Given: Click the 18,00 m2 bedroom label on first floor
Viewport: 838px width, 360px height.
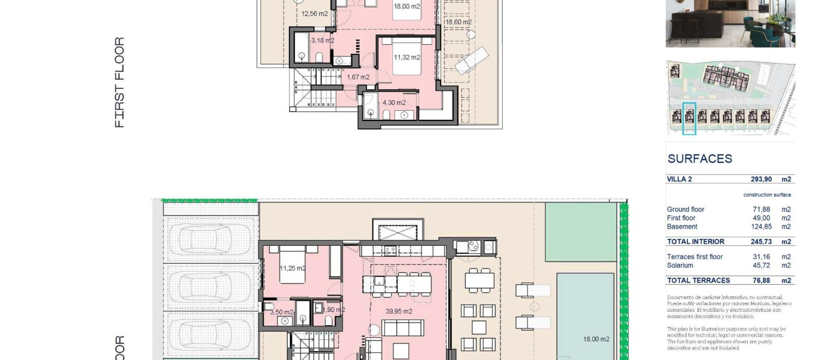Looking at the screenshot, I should [x=407, y=7].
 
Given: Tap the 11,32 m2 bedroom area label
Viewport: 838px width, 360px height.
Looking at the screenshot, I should [x=407, y=57].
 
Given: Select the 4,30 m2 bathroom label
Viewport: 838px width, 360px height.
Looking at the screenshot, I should [x=394, y=103].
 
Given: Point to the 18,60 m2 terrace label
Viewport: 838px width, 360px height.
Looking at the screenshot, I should [x=458, y=22].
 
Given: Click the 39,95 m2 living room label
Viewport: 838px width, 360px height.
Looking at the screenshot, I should [x=399, y=311].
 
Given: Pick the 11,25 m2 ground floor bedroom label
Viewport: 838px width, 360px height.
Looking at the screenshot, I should [x=293, y=268].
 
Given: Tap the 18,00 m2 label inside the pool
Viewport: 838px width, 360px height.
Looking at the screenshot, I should [x=596, y=339].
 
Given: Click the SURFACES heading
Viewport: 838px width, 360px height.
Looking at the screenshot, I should [x=700, y=159].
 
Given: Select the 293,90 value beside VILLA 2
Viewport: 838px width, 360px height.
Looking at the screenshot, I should [x=761, y=179].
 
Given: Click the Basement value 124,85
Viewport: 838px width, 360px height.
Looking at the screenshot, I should [x=761, y=227].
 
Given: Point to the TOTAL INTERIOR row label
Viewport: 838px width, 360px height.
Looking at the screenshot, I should [x=696, y=242].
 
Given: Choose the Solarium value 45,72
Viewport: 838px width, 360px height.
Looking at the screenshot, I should [x=761, y=265].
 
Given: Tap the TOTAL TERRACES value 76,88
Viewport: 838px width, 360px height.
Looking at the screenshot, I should [x=761, y=281].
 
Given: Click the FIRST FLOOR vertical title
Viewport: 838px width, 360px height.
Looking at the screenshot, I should [x=119, y=82].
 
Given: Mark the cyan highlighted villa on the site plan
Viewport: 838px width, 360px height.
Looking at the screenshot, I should [x=689, y=118].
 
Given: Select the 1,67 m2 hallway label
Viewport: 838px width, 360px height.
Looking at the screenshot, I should [x=358, y=77].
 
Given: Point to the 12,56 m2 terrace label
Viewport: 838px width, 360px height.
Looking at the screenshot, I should [x=314, y=13].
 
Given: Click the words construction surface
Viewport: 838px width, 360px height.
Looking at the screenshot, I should [x=767, y=195].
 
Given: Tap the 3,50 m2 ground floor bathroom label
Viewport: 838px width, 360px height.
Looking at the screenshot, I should [x=282, y=312].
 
